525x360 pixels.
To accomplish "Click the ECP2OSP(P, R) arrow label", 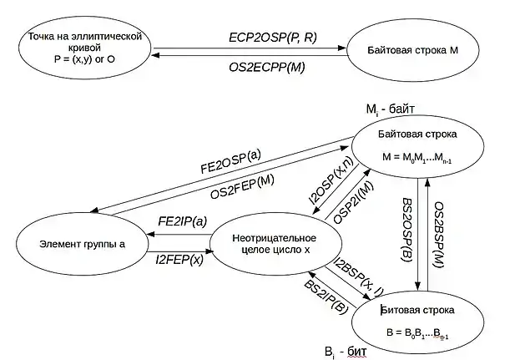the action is coord(273,38).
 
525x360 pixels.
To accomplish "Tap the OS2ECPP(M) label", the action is coord(267,67).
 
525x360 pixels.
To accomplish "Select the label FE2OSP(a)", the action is coord(230,161).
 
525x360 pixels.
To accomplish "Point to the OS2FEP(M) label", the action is coord(242,187).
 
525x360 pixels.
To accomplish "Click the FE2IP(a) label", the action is coord(183,221).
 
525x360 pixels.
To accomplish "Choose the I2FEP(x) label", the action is coord(179,260).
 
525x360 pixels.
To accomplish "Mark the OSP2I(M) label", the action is coord(353,202).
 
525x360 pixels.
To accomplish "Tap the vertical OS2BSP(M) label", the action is coord(438,235).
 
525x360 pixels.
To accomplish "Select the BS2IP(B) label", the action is coord(326,297).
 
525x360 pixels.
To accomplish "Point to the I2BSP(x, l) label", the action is coord(359,277).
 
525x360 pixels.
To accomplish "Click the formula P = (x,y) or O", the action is coord(84,59).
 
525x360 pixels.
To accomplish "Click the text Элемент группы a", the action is coord(82,244).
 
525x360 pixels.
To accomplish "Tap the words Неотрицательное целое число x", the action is coord(274,244).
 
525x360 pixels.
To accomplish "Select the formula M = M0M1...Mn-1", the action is coord(417,157).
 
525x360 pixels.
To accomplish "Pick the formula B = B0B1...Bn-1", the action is coord(417,332).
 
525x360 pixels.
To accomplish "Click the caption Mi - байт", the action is coord(391,109).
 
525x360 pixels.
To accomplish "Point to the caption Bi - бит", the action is coord(346,352).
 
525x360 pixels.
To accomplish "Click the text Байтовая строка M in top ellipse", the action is coord(412,50).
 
